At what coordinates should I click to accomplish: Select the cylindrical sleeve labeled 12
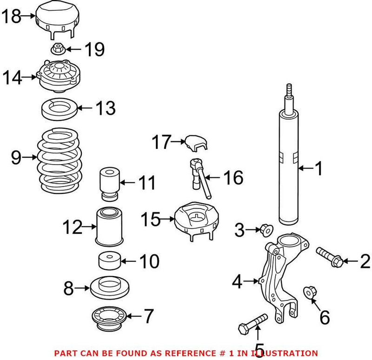[x=110, y=227]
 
